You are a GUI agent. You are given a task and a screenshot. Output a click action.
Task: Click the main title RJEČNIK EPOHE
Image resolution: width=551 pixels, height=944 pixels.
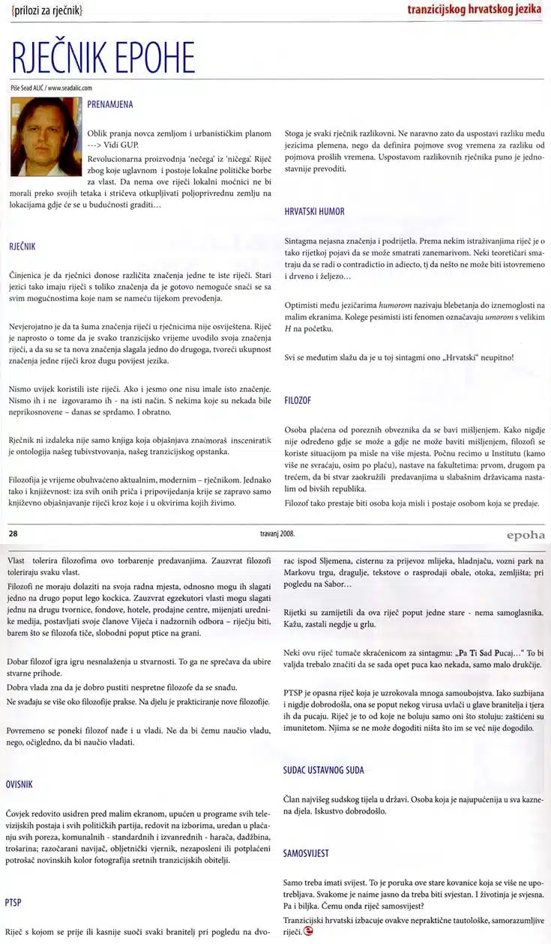(103, 58)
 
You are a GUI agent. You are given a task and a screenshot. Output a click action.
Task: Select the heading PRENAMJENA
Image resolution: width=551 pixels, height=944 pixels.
(109, 105)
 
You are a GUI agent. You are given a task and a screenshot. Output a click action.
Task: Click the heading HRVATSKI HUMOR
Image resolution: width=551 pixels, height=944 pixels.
(315, 212)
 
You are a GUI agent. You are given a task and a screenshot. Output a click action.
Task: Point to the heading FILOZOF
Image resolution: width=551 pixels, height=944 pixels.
(299, 401)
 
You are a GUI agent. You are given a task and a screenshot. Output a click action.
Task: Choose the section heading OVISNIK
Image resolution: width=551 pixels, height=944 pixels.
(19, 784)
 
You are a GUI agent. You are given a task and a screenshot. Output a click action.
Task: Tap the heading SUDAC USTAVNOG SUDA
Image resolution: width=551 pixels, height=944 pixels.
(328, 770)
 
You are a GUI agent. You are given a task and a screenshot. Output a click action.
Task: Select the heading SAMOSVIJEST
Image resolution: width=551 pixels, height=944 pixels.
(306, 853)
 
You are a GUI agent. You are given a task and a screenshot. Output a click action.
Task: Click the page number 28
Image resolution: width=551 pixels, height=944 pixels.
(13, 535)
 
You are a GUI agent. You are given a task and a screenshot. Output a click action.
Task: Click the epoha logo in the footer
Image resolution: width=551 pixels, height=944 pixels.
(520, 536)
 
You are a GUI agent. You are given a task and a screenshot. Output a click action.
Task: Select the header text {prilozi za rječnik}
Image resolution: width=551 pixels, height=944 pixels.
(47, 10)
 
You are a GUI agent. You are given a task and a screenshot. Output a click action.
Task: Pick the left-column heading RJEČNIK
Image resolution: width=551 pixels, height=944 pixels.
(22, 245)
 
